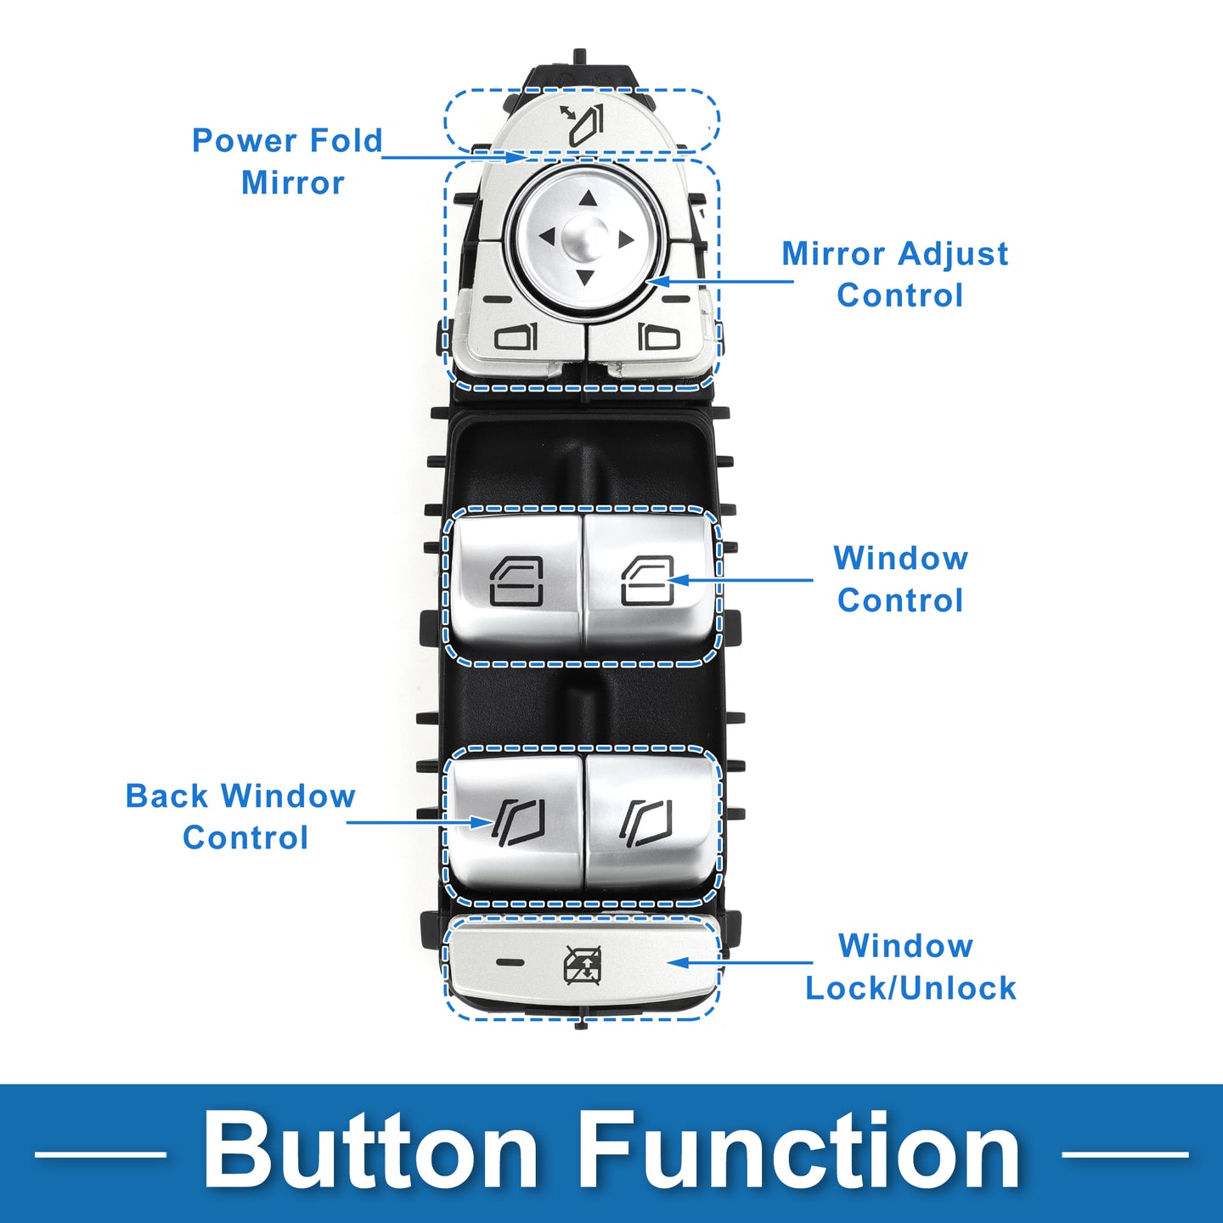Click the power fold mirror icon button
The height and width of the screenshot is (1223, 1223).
[x=583, y=124]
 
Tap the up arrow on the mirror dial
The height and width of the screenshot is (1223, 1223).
[x=587, y=200]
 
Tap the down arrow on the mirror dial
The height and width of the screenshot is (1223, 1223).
[x=585, y=277]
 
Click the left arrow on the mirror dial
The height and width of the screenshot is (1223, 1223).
[x=546, y=237]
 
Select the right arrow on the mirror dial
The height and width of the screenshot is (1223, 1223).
[x=626, y=240]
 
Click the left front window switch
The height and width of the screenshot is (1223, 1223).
[x=515, y=582]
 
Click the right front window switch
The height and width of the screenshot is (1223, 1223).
[x=648, y=582]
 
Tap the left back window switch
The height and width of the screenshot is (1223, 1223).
[x=516, y=820]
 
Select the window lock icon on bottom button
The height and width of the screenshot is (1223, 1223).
[x=583, y=965]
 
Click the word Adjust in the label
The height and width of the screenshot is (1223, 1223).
[x=953, y=254]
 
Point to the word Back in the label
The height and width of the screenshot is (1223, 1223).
[x=166, y=797]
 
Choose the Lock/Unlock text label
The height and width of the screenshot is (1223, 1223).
[x=910, y=989]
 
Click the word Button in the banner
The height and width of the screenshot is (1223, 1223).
[x=370, y=1153]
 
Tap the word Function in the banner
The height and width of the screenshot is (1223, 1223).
[x=801, y=1153]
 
